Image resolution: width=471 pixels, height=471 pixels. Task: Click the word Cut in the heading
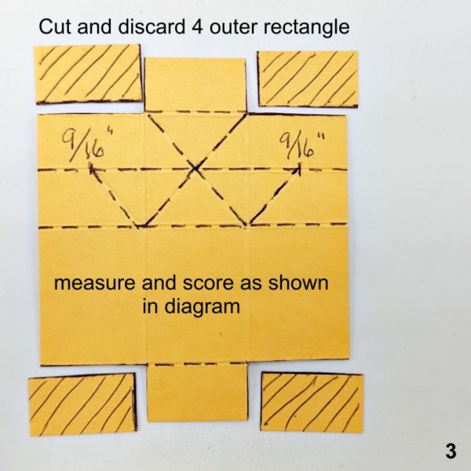click(56, 27)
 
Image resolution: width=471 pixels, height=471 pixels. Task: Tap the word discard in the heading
click(152, 27)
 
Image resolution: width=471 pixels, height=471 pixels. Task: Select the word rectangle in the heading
click(306, 27)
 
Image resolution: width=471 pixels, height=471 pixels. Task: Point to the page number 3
click(451, 451)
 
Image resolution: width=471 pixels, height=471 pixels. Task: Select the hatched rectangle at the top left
click(88, 74)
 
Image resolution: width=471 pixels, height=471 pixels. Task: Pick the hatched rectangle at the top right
click(308, 79)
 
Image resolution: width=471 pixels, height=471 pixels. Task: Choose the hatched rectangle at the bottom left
click(82, 404)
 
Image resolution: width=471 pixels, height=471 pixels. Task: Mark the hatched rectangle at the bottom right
click(312, 403)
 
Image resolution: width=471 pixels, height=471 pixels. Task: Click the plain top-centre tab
click(195, 85)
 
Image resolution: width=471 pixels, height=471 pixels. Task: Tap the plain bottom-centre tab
click(198, 392)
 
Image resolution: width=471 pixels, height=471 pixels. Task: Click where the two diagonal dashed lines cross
click(195, 169)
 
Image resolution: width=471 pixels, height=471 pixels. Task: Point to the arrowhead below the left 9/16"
click(91, 169)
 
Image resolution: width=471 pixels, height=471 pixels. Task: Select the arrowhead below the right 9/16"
click(298, 168)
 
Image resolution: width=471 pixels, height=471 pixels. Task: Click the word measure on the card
click(94, 283)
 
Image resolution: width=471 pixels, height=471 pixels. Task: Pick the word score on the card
click(208, 283)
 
